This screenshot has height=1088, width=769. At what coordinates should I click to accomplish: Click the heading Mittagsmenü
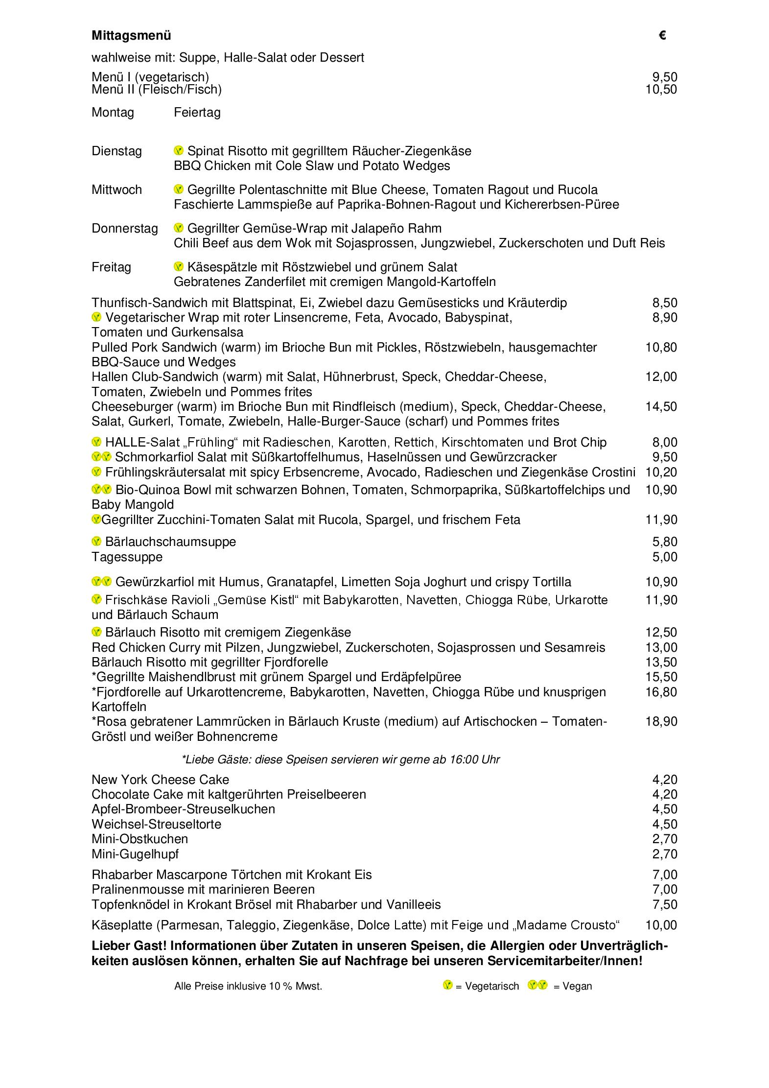tap(131, 36)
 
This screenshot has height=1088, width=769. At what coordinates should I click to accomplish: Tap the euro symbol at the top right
tap(662, 35)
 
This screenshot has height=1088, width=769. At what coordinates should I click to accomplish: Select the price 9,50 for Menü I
tap(665, 77)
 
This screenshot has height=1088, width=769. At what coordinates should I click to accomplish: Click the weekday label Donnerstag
tap(125, 229)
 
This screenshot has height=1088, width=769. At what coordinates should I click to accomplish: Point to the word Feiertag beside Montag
tap(197, 113)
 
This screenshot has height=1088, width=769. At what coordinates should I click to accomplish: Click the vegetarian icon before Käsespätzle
tap(179, 267)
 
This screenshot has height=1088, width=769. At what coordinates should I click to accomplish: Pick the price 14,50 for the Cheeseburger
tap(661, 406)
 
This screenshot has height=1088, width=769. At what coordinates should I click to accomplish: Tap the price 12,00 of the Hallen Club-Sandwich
tap(661, 377)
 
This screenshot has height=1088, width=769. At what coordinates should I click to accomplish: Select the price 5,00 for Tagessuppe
tap(665, 557)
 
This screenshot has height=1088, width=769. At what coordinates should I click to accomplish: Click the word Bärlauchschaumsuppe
tap(170, 542)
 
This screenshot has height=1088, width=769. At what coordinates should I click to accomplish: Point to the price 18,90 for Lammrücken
tap(661, 721)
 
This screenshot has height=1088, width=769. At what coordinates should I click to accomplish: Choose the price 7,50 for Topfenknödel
tap(665, 904)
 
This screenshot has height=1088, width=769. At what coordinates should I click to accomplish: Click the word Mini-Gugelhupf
tap(135, 854)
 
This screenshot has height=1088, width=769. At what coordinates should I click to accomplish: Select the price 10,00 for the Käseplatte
tap(661, 925)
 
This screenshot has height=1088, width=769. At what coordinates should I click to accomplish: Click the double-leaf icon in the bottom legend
tap(537, 985)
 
